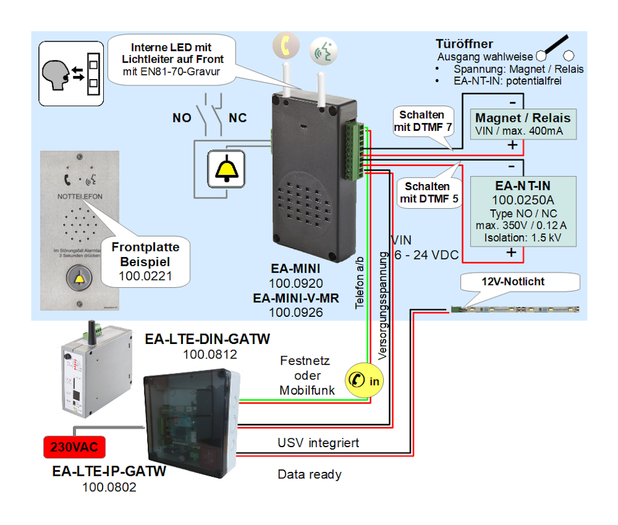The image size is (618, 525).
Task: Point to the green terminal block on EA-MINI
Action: click(x=355, y=151)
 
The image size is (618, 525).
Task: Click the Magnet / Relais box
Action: click(x=523, y=124)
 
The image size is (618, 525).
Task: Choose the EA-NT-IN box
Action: click(x=523, y=211)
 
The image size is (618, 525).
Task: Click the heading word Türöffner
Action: click(x=464, y=44)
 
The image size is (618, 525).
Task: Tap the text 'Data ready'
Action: click(x=310, y=474)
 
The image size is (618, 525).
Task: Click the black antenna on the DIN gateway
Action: click(x=95, y=328)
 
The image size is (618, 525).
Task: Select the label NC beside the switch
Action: click(x=238, y=118)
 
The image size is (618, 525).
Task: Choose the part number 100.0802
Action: click(x=109, y=487)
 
